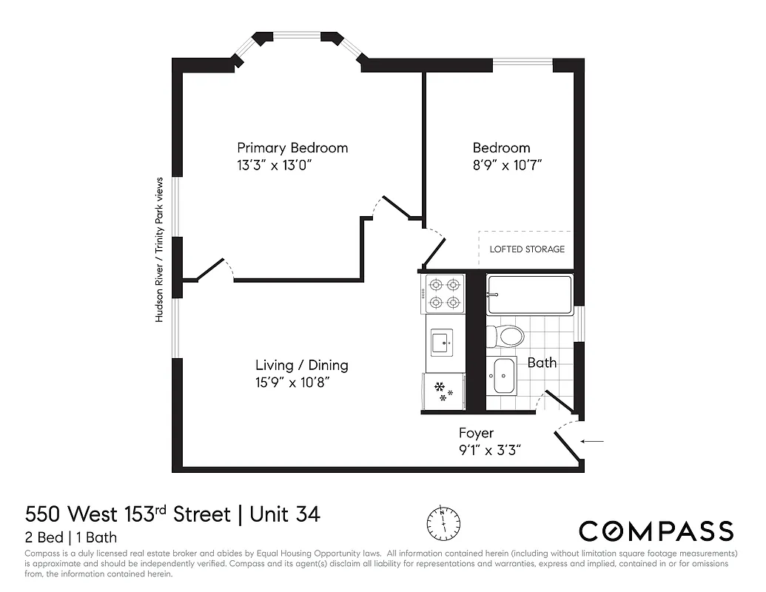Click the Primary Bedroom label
point(292,148)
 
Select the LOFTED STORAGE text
point(527,249)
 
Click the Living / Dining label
point(301,366)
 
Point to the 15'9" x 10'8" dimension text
point(292,383)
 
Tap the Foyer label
point(476,434)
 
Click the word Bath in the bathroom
point(542,363)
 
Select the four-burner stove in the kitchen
point(443,294)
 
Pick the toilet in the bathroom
point(506,337)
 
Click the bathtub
point(530,295)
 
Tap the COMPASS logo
point(656,531)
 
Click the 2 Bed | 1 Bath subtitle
point(71,538)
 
